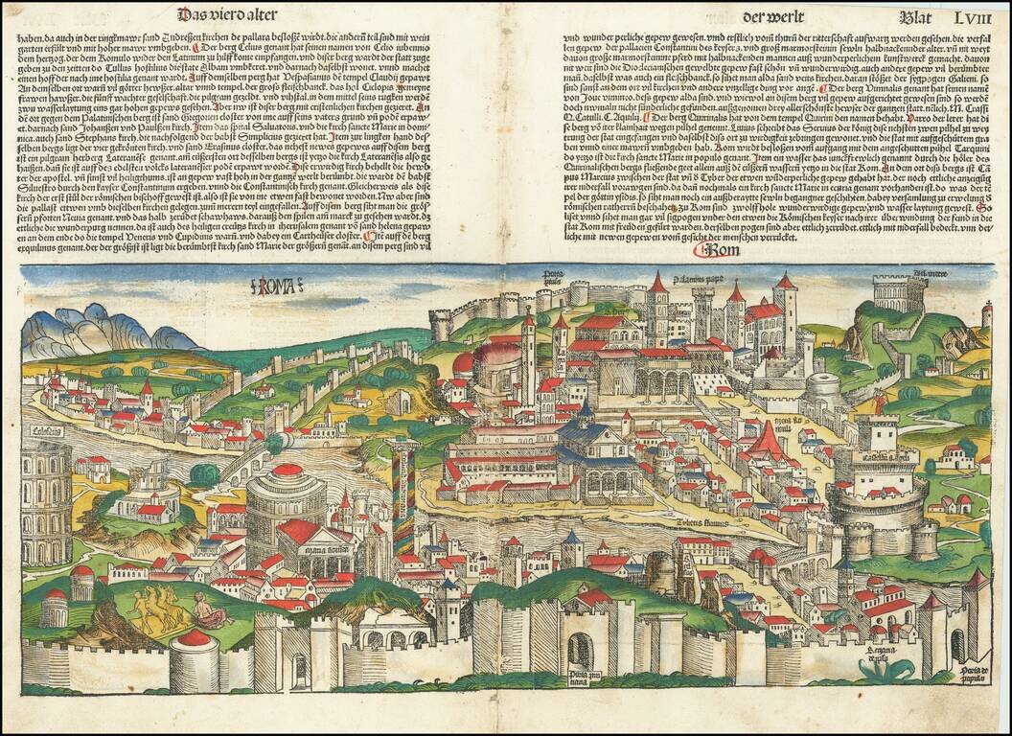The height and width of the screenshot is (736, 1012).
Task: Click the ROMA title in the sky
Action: [276, 285]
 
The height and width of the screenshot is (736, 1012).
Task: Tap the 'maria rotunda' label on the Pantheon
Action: [325, 553]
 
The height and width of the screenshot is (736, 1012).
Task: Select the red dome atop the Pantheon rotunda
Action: [288, 470]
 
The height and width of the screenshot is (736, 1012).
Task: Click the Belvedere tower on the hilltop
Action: [899, 293]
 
